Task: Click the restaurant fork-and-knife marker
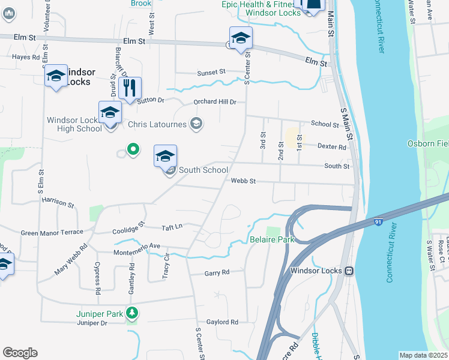click(x=130, y=88)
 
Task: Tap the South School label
click(x=203, y=170)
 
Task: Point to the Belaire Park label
click(x=272, y=240)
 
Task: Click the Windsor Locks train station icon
click(x=348, y=271)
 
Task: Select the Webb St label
click(x=243, y=181)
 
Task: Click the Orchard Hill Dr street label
click(x=215, y=102)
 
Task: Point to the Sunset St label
click(x=212, y=72)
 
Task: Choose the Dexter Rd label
click(x=332, y=146)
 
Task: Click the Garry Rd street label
click(x=217, y=272)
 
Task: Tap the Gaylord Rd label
click(x=222, y=322)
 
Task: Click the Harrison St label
click(x=58, y=203)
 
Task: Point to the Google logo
click(x=20, y=353)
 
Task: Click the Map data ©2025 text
click(x=423, y=355)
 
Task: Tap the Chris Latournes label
click(x=158, y=125)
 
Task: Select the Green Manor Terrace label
click(x=52, y=233)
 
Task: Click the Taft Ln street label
click(x=172, y=227)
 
